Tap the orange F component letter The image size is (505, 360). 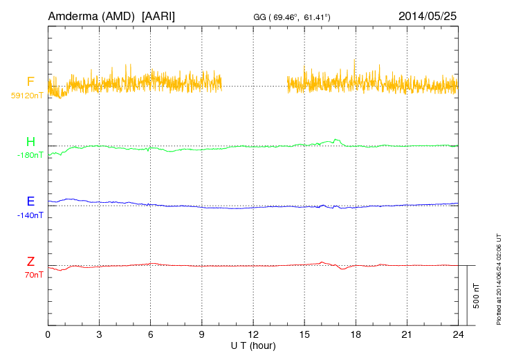click(x=30, y=82)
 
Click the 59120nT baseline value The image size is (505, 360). click(x=26, y=95)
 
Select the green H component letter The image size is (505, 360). click(x=30, y=142)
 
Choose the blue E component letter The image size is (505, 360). click(x=30, y=201)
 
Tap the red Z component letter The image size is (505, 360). click(x=30, y=262)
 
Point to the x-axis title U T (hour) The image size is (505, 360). click(x=253, y=345)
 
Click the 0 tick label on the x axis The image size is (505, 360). click(x=48, y=334)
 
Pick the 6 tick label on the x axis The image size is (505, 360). click(x=150, y=334)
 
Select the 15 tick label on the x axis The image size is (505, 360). click(x=304, y=334)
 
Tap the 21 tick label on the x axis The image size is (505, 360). click(x=406, y=334)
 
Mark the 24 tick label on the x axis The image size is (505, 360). click(x=457, y=334)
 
